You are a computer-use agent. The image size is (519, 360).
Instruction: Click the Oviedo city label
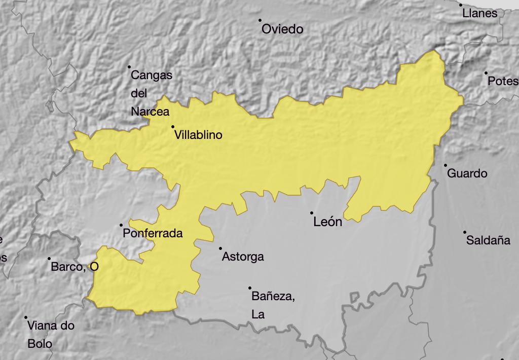(282, 29)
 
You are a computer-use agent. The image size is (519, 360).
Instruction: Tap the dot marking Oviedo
(260, 20)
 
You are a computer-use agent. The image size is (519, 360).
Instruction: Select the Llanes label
(480, 14)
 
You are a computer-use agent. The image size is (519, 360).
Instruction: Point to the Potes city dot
(486, 73)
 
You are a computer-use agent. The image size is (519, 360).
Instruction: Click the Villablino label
(198, 135)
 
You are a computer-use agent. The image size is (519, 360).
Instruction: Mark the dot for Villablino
(173, 127)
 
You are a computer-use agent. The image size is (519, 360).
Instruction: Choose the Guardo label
(467, 173)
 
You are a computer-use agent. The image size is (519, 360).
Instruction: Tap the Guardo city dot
(446, 165)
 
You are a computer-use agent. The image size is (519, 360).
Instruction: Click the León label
(328, 222)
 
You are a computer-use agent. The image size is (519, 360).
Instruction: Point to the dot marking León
(312, 213)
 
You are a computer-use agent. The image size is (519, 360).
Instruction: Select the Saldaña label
(488, 240)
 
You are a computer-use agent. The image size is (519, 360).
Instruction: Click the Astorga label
(243, 257)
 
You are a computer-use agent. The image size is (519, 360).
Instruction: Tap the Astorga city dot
(220, 248)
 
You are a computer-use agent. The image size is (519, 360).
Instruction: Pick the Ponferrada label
(153, 234)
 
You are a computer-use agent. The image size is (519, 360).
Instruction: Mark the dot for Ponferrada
(121, 225)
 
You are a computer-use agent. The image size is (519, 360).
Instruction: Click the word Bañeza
(273, 296)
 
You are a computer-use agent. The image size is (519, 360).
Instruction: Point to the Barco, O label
(75, 267)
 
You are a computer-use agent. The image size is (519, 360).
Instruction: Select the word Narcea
(150, 112)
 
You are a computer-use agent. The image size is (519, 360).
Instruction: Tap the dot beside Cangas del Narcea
(129, 67)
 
